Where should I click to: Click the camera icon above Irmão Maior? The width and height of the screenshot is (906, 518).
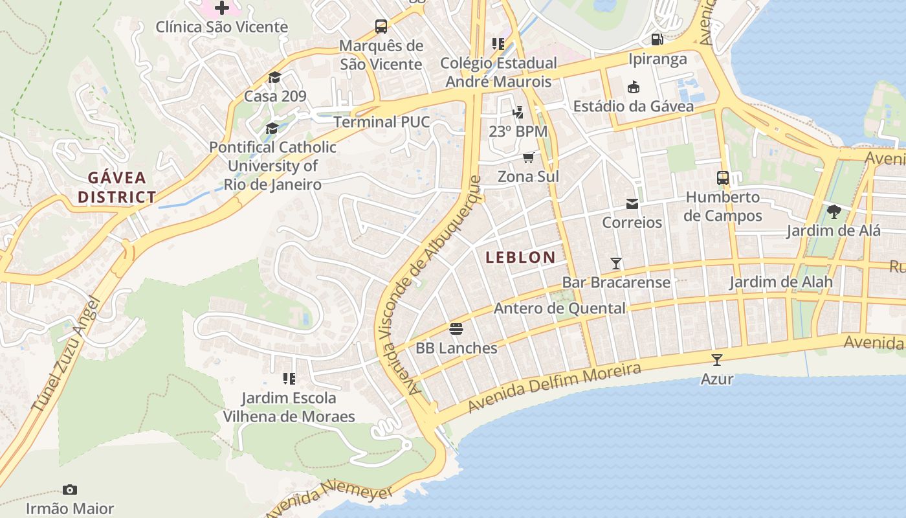(70, 490)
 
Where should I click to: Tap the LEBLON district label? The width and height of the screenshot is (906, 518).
(520, 257)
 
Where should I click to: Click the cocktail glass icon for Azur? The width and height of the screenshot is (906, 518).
(716, 360)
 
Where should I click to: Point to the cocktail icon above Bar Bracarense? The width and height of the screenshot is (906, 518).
(616, 264)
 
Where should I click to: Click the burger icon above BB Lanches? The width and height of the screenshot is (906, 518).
(456, 329)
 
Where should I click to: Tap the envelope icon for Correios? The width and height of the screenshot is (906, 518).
(632, 204)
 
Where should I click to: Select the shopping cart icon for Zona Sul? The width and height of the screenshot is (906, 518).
(529, 157)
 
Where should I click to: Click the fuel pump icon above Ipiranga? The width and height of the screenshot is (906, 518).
(657, 40)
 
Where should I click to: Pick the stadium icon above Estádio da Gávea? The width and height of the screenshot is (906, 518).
(634, 87)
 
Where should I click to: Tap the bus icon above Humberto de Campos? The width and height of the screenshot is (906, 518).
(723, 178)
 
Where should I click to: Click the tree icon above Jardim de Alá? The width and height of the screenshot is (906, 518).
(834, 212)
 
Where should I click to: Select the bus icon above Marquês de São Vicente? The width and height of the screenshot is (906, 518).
(381, 27)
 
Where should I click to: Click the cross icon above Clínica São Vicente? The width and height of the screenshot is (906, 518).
(222, 8)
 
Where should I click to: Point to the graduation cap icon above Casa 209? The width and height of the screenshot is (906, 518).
(274, 78)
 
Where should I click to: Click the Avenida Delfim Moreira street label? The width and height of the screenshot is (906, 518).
(553, 388)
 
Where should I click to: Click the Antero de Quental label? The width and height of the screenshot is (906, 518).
(560, 309)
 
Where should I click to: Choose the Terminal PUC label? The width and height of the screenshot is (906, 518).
(382, 122)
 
